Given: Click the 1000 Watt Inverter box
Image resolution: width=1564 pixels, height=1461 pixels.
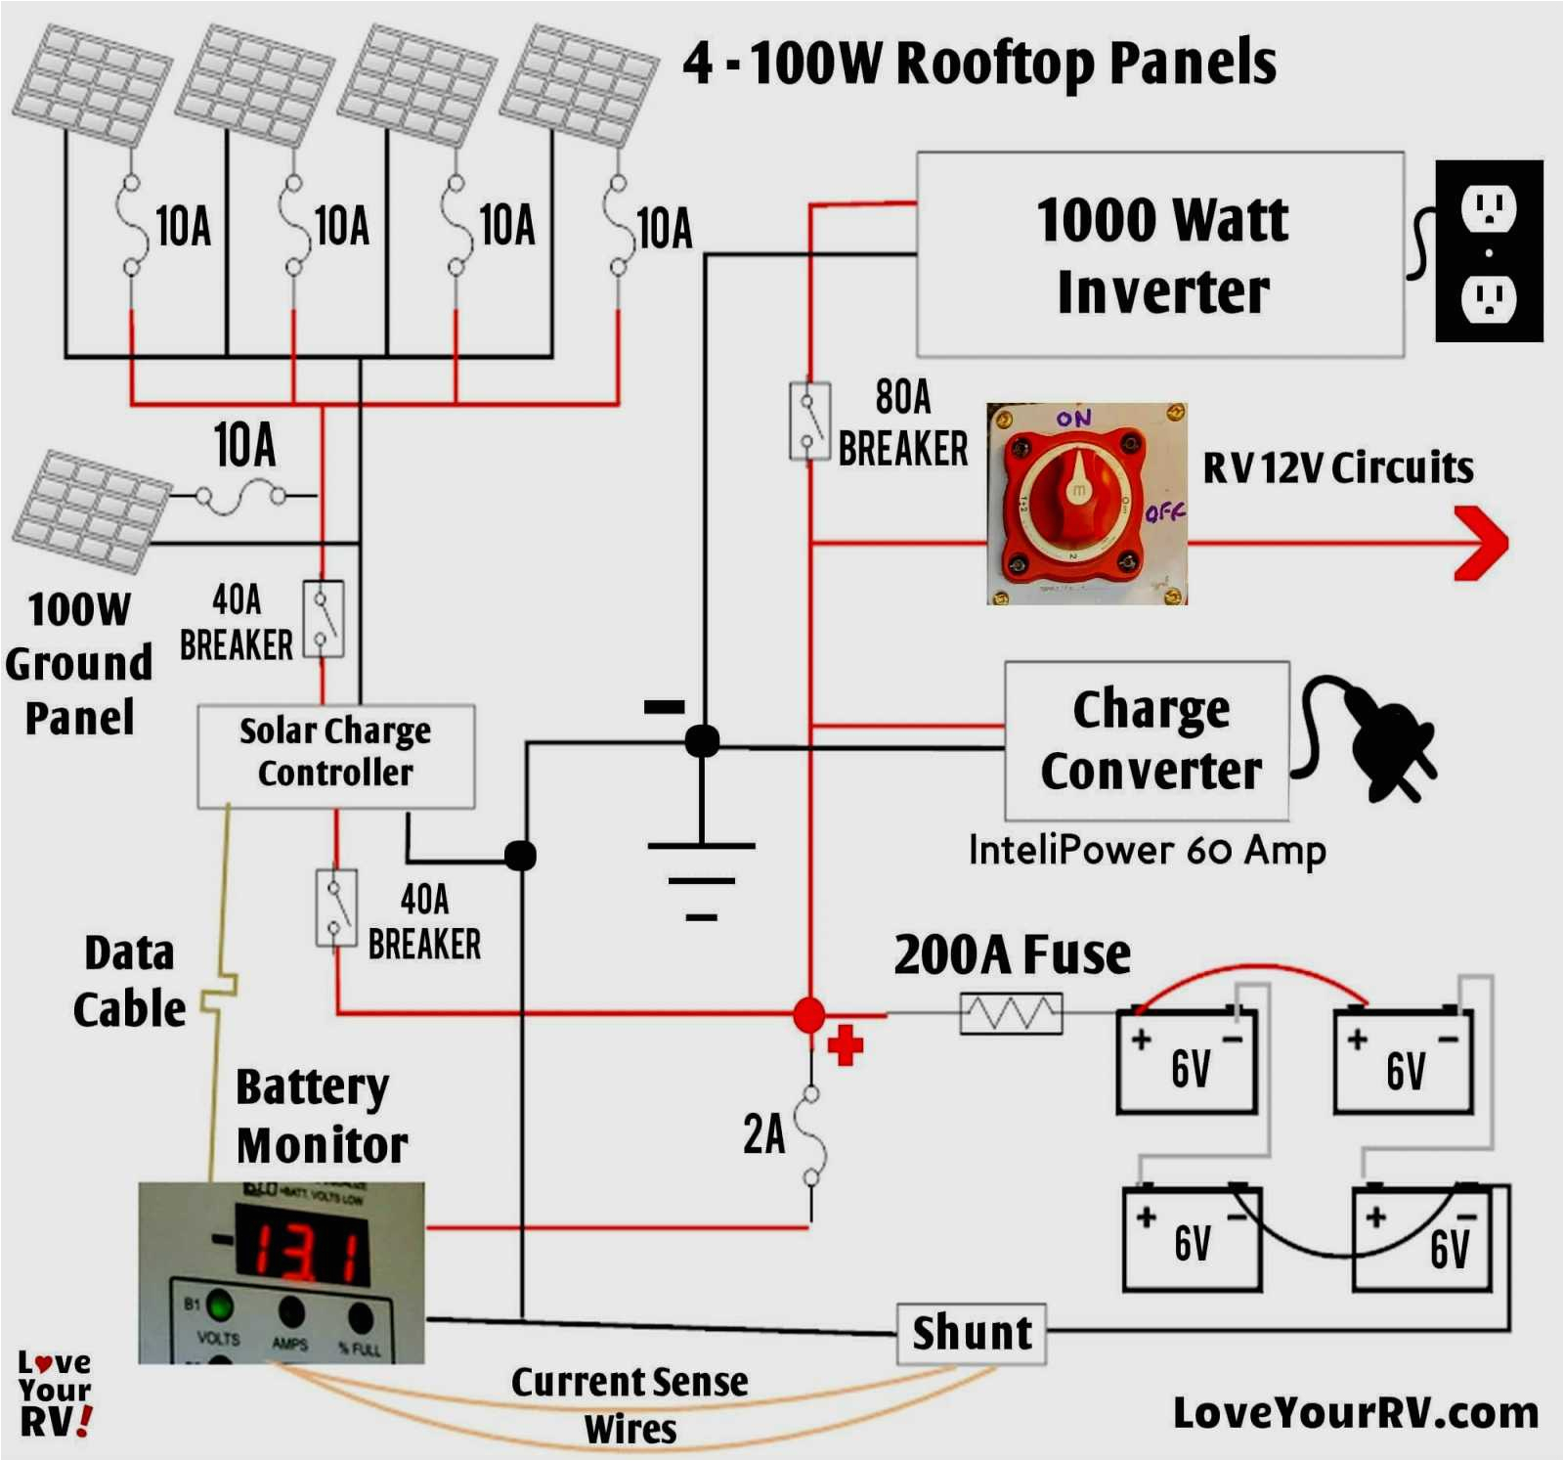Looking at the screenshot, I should click(1160, 254).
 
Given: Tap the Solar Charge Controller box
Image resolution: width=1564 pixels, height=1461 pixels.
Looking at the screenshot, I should click(335, 756).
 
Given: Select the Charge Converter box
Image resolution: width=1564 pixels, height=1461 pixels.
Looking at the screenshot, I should click(1147, 741).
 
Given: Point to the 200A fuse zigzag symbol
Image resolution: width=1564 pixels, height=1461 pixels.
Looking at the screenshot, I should click(1011, 1013).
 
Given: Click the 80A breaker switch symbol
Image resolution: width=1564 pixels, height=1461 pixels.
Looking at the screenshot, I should click(809, 421).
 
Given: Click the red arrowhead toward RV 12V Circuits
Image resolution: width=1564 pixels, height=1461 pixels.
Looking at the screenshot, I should click(1482, 543).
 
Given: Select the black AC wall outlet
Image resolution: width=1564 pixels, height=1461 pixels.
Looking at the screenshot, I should click(1488, 251).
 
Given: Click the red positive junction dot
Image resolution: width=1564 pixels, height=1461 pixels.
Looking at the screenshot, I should click(809, 1015).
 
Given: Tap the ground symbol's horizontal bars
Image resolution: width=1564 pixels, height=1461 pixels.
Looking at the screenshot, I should click(702, 880).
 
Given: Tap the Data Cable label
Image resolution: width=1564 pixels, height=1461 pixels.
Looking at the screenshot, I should click(129, 981).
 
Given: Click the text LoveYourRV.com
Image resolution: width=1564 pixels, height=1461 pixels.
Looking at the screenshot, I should click(1355, 1413).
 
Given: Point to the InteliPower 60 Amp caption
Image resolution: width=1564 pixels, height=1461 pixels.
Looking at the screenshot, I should click(1147, 850).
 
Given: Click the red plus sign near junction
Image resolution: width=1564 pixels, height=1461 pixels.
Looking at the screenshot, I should click(846, 1044).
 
